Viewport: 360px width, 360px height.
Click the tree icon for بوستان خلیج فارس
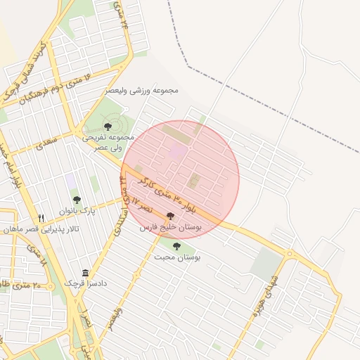[x=171, y=217]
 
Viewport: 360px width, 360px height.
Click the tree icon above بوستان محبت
[x=176, y=246]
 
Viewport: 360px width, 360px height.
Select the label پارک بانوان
[x=77, y=210]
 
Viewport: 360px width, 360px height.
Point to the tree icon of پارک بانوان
[x=77, y=199]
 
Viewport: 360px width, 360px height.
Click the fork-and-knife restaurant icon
[x=41, y=217]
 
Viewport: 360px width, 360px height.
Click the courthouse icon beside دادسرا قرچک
[x=85, y=273]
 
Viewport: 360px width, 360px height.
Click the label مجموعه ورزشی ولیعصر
[x=142, y=91]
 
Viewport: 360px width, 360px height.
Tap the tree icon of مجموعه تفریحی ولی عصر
[x=107, y=126]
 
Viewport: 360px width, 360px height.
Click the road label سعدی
[x=48, y=142]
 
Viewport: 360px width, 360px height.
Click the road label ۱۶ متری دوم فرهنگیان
[x=49, y=89]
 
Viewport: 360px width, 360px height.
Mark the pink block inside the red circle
[x=180, y=150]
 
